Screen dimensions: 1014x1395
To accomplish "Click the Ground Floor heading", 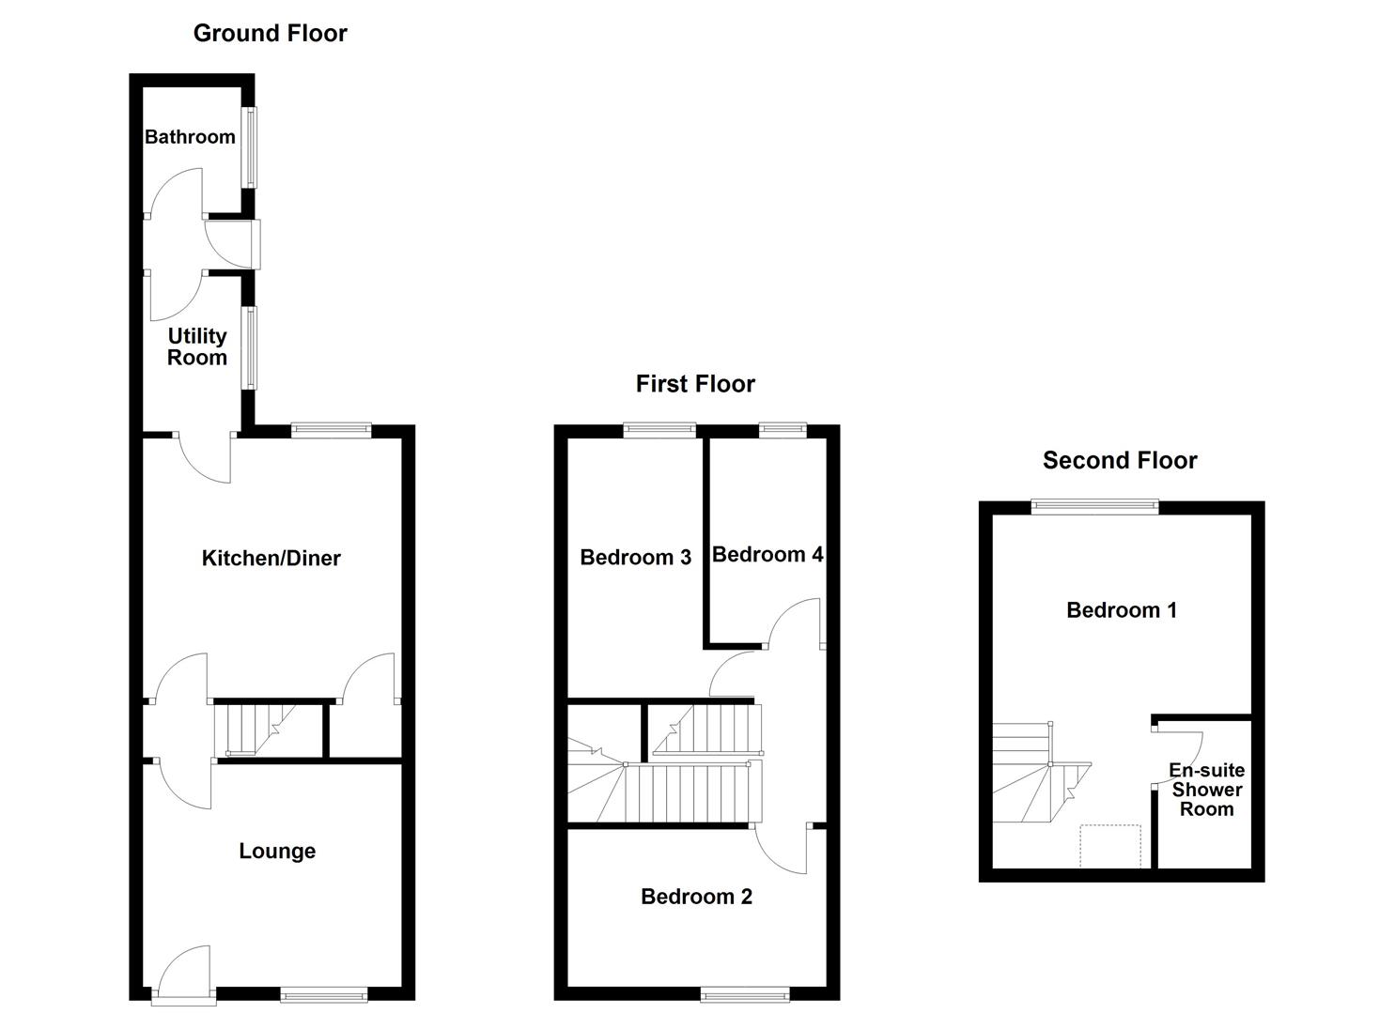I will (x=270, y=34).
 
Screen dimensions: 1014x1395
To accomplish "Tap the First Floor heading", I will (x=695, y=384).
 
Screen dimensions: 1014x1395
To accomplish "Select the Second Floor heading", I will (x=1120, y=461).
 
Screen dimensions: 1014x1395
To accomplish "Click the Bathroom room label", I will (x=190, y=137).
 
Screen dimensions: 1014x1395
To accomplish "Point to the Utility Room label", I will (x=197, y=346).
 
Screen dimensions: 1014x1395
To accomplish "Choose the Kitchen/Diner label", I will (x=271, y=559).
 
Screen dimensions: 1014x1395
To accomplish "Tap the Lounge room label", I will (x=277, y=852).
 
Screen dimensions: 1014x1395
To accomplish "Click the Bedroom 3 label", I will (x=635, y=558).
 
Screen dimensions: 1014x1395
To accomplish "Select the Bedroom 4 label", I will (x=767, y=555).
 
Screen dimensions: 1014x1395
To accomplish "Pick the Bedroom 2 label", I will (x=696, y=897).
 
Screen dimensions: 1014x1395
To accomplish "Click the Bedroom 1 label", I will (x=1121, y=610).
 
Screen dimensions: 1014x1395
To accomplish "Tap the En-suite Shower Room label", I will (x=1206, y=790).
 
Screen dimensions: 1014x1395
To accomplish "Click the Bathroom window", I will (x=250, y=146).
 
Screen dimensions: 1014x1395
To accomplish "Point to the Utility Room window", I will (x=250, y=347).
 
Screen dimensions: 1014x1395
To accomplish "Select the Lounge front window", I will (x=324, y=993).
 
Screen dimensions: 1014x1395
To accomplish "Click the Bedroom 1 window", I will (x=1094, y=507).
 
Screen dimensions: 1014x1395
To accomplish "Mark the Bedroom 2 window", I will (x=745, y=993).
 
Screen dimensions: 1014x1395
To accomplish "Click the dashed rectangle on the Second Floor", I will (x=1110, y=846).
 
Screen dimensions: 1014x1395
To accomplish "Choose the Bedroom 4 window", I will (x=783, y=431).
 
